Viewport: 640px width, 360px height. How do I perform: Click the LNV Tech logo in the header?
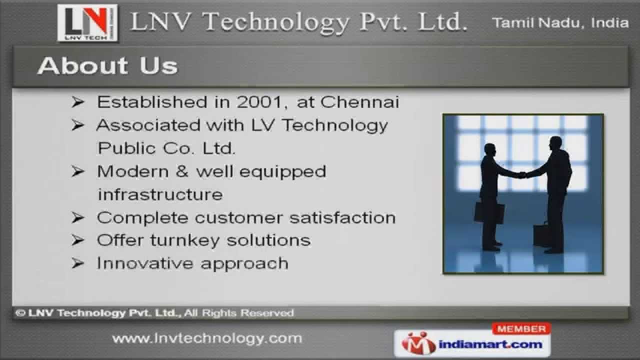point(87,22)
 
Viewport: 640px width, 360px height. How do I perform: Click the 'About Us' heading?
point(107,65)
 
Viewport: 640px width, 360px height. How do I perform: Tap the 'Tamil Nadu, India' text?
point(560,22)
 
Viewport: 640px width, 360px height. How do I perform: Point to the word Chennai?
point(359,102)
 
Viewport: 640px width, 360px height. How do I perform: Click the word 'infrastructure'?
point(160,194)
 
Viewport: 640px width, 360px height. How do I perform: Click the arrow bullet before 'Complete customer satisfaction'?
point(77,217)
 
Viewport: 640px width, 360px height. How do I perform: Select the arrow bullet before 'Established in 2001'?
point(77,102)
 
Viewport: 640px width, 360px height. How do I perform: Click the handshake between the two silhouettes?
point(522,175)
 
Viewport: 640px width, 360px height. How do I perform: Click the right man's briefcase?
point(541,235)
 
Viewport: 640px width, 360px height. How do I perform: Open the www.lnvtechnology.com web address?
point(207,338)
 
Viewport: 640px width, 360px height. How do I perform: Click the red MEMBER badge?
point(521,329)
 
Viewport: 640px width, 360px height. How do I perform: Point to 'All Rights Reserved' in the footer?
point(239,313)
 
